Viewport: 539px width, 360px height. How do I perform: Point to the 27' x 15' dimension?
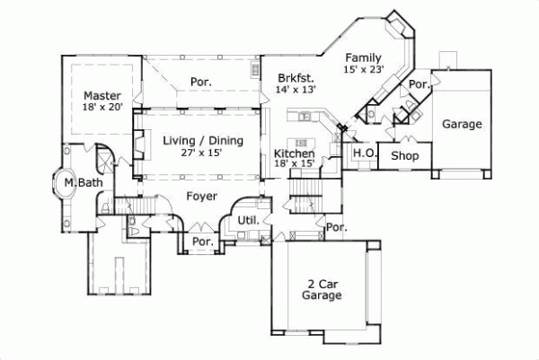[199, 153]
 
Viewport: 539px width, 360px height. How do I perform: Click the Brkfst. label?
[294, 78]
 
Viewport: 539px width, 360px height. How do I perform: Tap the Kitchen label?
[294, 154]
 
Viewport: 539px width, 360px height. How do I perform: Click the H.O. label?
[363, 154]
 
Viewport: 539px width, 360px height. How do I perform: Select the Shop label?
[406, 156]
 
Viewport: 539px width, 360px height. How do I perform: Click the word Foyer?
[202, 195]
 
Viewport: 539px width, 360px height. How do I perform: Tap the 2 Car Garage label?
[321, 288]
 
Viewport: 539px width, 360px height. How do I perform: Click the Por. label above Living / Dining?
[199, 82]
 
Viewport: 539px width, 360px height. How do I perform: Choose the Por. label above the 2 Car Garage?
[336, 228]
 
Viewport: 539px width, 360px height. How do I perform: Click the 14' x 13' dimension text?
[296, 90]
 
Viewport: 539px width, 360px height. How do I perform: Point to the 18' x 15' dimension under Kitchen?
[294, 165]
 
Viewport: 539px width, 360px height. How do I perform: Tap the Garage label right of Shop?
[462, 125]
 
